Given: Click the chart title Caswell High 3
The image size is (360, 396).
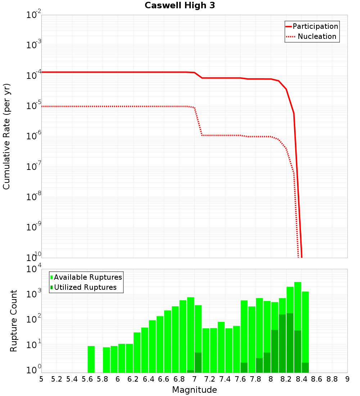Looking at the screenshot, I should [x=180, y=6].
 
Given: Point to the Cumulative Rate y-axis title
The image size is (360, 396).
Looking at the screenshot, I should [x=7, y=136].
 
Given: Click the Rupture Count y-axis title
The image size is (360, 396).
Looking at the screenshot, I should [x=14, y=321].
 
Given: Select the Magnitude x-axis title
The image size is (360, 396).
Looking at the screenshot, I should [x=194, y=390].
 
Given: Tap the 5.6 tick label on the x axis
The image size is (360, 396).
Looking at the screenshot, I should [x=87, y=379].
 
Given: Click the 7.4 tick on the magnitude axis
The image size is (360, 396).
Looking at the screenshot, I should [x=225, y=379].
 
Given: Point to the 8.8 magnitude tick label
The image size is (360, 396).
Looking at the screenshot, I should [x=332, y=379].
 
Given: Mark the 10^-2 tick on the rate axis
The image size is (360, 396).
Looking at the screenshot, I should [x=34, y=15].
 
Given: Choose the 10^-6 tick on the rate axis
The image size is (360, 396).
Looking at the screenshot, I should [x=34, y=136].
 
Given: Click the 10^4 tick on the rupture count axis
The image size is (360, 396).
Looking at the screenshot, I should [x=34, y=269].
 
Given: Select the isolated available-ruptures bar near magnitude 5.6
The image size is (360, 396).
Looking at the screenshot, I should [x=91, y=359].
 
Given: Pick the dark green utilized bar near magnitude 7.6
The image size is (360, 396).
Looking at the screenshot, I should [x=244, y=367].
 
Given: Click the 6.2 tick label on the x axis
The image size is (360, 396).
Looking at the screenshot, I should [x=133, y=379].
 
